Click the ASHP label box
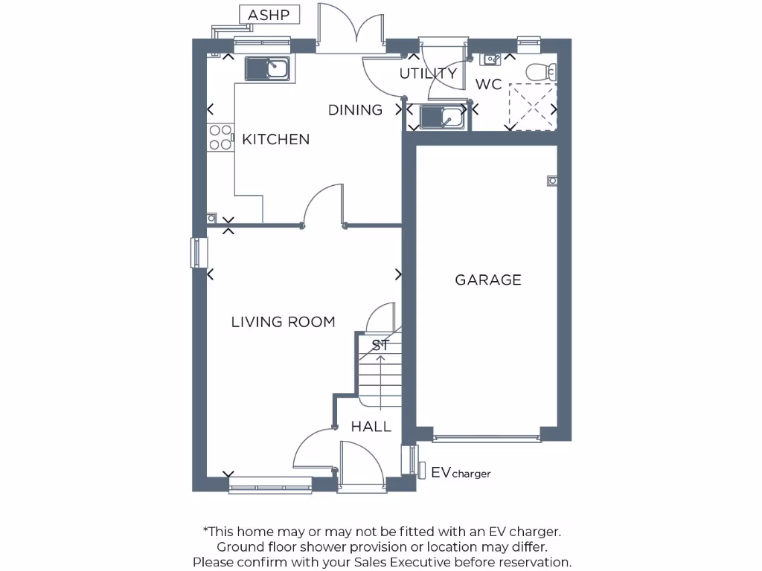pos(269,15)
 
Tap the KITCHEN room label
pos(275,139)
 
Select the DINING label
pos(355,110)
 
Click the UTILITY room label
pos(428,74)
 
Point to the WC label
pos(488,85)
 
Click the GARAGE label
pos(488,280)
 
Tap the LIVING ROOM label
pos(283,322)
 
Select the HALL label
pos(371,427)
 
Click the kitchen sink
pos(268,68)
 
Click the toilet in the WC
pos(540,72)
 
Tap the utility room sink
pos(442,117)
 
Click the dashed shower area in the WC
pos(532,107)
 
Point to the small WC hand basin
pos(492,59)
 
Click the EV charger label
pos(461,473)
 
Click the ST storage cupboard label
pos(380,345)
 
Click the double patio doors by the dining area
pos(350,30)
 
